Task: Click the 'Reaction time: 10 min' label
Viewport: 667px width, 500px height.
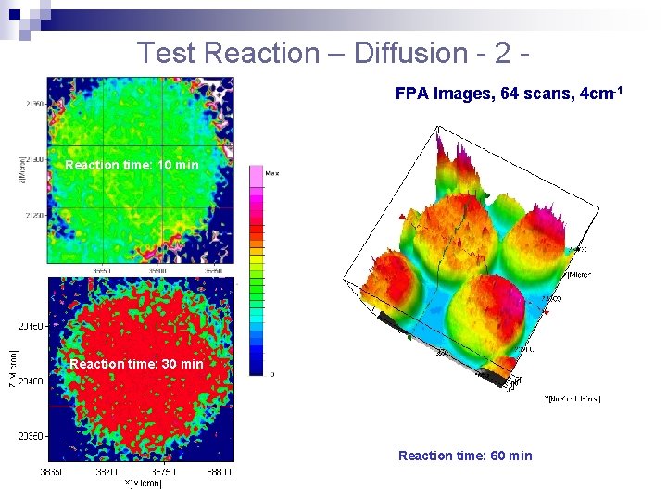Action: click(132, 165)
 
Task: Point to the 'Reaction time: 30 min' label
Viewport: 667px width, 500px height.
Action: click(136, 364)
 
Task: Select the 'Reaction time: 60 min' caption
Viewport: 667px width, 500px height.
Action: click(465, 455)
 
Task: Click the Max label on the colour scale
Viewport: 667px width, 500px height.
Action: click(272, 173)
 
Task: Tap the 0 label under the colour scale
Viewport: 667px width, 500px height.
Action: click(271, 374)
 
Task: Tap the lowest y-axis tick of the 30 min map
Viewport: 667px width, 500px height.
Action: click(31, 435)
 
